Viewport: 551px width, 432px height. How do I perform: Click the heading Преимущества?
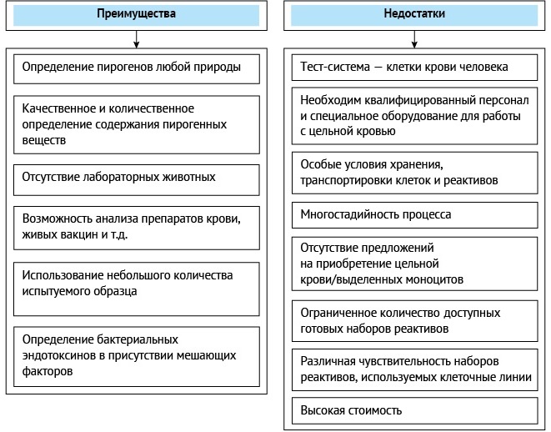pyautogui.click(x=137, y=13)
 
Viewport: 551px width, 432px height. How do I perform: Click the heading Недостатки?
pyautogui.click(x=414, y=13)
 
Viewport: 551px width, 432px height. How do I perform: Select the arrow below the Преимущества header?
pyautogui.click(x=137, y=39)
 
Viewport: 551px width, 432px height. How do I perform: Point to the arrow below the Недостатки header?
pyautogui.click(x=414, y=39)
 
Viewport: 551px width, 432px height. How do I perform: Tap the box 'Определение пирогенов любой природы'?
pyautogui.click(x=137, y=69)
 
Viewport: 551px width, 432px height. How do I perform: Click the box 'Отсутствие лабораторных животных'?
pyautogui.click(x=137, y=180)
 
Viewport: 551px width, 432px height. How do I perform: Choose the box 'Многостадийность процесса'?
pyautogui.click(x=414, y=215)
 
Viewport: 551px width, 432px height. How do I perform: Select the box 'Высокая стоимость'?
pyautogui.click(x=414, y=410)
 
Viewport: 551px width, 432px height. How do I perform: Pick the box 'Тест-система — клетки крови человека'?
pyautogui.click(x=414, y=68)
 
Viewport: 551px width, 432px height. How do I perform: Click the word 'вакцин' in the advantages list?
pyautogui.click(x=79, y=234)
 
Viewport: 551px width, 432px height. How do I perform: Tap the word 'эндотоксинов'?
pyautogui.click(x=58, y=356)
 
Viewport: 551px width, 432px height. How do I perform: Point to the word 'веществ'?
pyautogui.click(x=44, y=141)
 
